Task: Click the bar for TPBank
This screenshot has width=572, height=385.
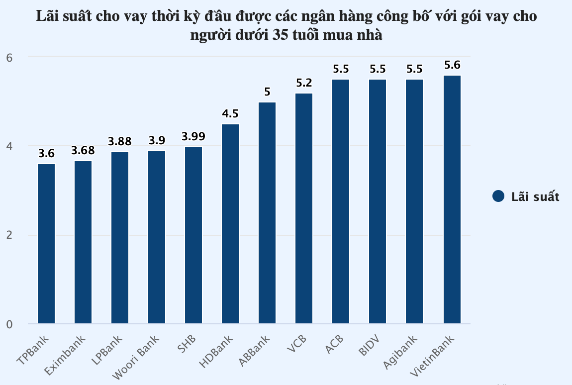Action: [x=46, y=244]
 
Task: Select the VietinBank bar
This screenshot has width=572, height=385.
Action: [x=452, y=199]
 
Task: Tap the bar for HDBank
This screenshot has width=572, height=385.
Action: [x=230, y=224]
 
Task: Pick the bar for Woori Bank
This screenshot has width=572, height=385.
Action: [x=157, y=237]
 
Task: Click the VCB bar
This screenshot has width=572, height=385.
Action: [x=304, y=208]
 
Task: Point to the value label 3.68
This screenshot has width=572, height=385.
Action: [x=83, y=151]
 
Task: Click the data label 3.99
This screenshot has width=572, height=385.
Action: [x=193, y=137]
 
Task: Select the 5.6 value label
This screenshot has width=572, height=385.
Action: [x=452, y=65]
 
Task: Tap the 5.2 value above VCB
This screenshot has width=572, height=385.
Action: [x=304, y=83]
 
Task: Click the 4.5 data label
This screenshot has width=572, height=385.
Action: [x=230, y=114]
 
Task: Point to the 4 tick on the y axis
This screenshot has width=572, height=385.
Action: [x=9, y=146]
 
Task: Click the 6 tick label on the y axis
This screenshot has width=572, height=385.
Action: [x=9, y=58]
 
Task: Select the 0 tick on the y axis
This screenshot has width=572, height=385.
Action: [x=9, y=324]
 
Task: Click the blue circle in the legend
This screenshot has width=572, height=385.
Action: [x=498, y=196]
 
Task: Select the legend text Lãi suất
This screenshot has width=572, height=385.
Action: [x=536, y=196]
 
